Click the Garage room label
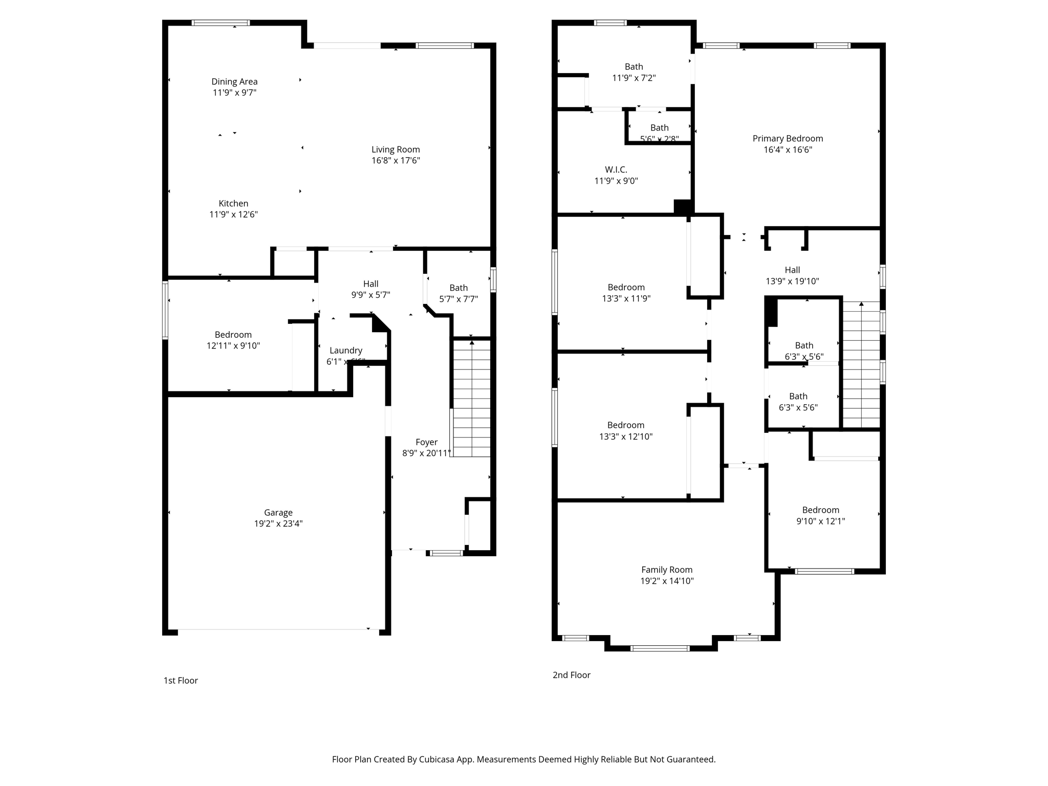click(x=278, y=512)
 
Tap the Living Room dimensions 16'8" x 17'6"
click(x=396, y=161)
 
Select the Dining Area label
click(x=234, y=81)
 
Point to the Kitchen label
click(x=233, y=203)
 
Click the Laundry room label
click(x=346, y=351)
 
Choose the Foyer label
click(x=426, y=442)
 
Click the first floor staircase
click(x=471, y=399)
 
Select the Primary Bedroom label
click(x=788, y=139)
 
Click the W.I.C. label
click(x=616, y=169)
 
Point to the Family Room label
click(x=667, y=570)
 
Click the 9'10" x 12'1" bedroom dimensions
click(x=820, y=521)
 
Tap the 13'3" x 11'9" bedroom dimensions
click(x=626, y=299)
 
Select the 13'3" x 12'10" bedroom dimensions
click(x=626, y=436)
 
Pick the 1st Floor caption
click(x=181, y=680)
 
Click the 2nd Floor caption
click(x=571, y=675)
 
